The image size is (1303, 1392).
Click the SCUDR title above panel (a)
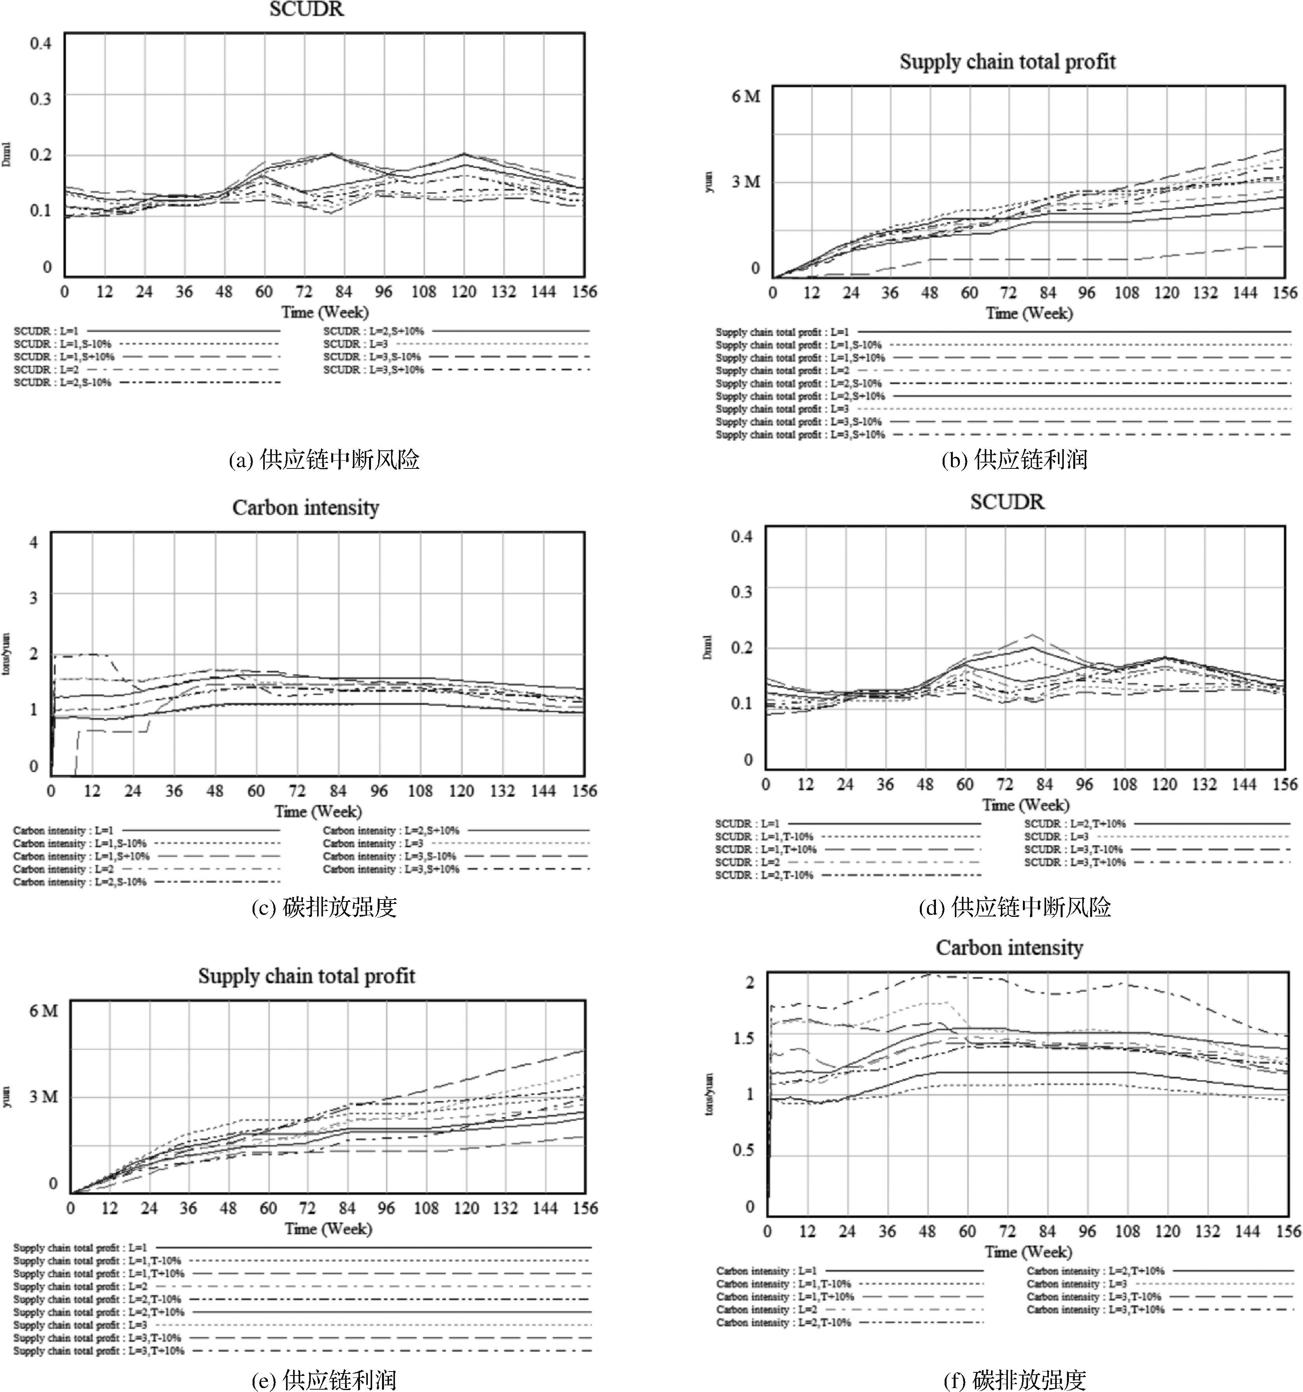tap(306, 10)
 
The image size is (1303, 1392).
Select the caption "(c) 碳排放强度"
tap(324, 907)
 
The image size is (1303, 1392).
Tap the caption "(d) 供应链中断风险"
tap(1014, 907)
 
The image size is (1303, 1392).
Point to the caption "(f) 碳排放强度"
tap(1014, 1379)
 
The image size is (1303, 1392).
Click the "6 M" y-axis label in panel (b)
tap(746, 97)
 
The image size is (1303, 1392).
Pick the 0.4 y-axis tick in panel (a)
tap(41, 43)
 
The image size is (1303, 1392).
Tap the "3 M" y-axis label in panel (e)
tap(43, 1097)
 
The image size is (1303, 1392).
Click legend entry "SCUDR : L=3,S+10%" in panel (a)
tap(373, 370)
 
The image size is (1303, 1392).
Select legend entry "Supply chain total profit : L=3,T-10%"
tap(98, 1338)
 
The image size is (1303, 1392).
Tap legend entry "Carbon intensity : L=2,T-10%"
tap(783, 1323)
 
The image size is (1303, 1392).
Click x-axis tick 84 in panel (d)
tap(1045, 785)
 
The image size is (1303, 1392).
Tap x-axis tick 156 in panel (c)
tap(584, 791)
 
